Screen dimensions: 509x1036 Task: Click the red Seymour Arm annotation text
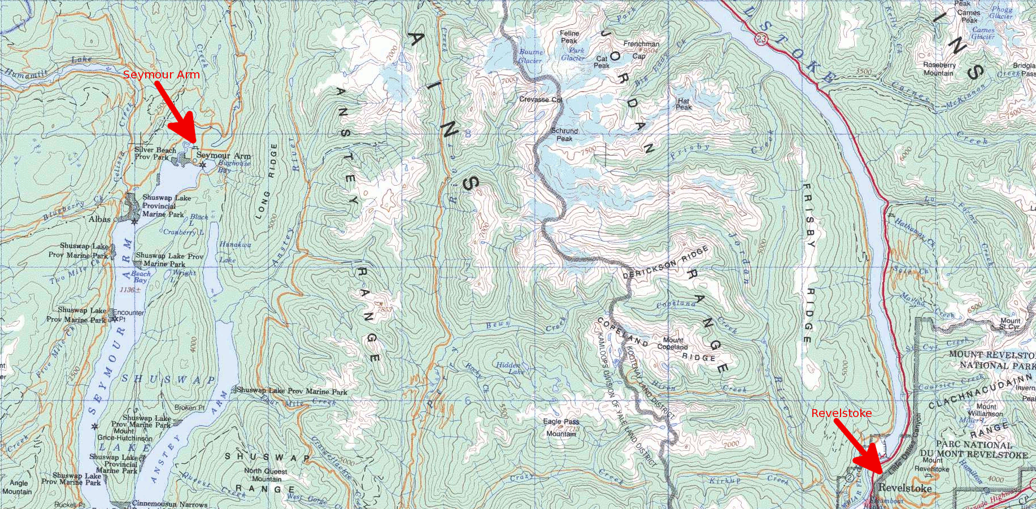tap(161, 74)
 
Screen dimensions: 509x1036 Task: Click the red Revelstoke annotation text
tap(841, 413)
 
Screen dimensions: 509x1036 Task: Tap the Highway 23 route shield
tap(763, 38)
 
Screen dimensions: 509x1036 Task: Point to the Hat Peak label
tap(684, 104)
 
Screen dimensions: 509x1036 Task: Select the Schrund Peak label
tap(564, 134)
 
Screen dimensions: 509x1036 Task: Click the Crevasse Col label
tap(541, 99)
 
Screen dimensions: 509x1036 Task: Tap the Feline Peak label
tap(569, 37)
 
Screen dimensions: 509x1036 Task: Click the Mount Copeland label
tap(672, 343)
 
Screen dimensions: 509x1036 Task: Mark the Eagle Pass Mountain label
tap(561, 427)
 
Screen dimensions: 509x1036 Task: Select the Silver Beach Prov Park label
tap(155, 153)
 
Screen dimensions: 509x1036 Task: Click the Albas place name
tap(99, 219)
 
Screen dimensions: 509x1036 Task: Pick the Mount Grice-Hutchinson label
tap(125, 434)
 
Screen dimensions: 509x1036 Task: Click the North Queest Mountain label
tap(265, 475)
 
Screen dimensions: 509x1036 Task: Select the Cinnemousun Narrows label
tap(169, 504)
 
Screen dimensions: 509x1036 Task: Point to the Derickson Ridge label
tap(665, 263)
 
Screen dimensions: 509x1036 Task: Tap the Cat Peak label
tap(602, 62)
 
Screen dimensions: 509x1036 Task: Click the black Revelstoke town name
tap(905, 488)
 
